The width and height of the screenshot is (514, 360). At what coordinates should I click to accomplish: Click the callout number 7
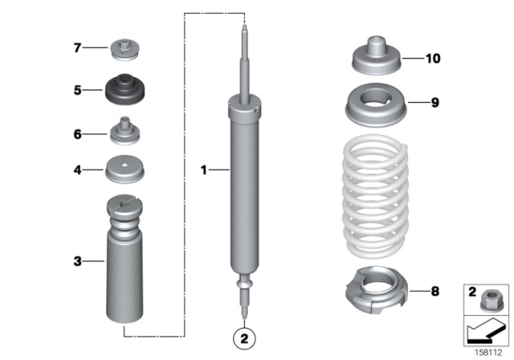pos(77,48)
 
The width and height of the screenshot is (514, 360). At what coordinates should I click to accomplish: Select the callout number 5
pos(77,91)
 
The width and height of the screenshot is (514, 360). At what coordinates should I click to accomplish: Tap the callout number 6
pos(77,133)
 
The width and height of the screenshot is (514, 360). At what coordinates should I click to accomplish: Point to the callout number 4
pos(77,170)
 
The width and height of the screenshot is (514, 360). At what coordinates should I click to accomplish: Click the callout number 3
pos(77,260)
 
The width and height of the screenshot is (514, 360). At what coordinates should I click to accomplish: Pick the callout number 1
pos(204,170)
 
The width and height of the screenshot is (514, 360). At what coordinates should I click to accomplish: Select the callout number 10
pos(434,59)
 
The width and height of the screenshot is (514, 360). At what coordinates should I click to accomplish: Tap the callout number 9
pos(434,102)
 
